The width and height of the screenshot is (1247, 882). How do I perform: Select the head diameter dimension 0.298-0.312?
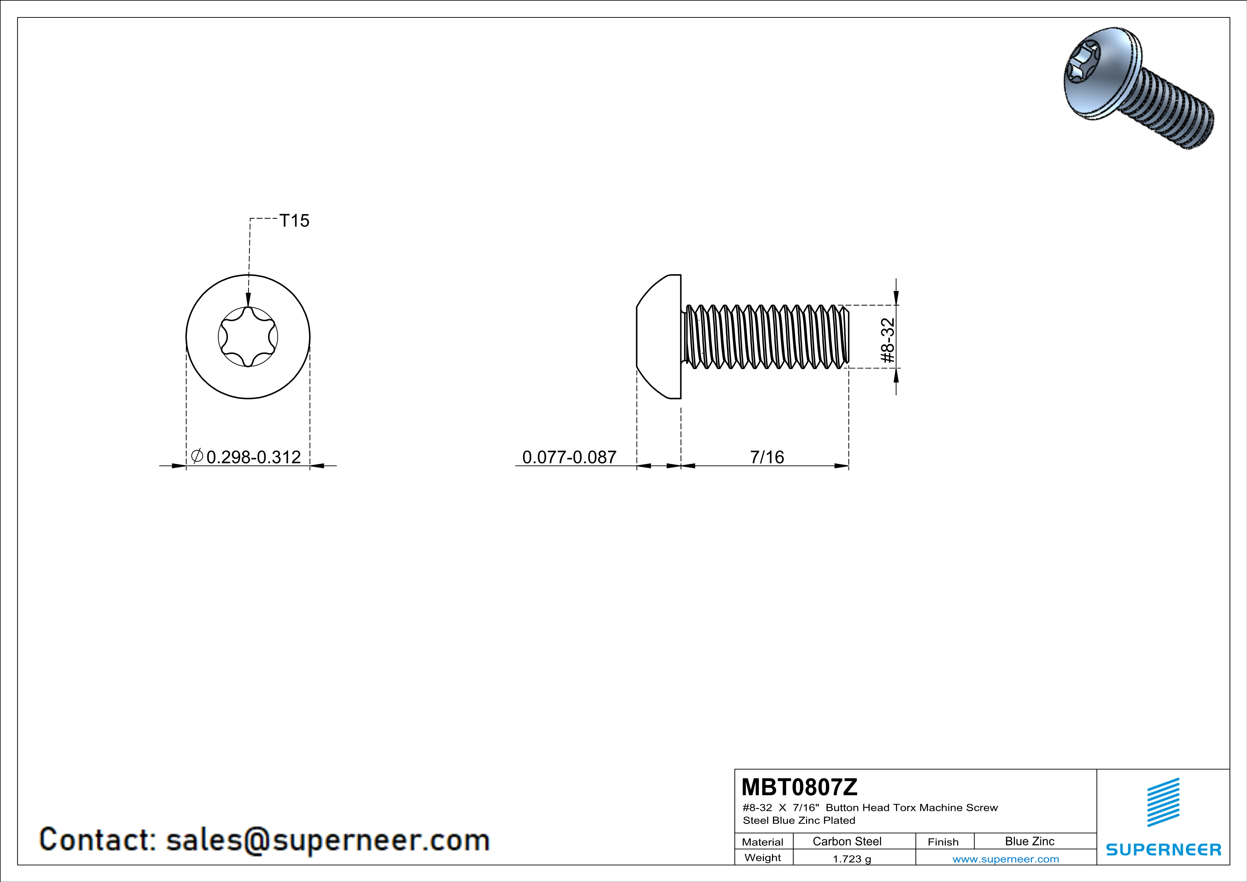pos(254,457)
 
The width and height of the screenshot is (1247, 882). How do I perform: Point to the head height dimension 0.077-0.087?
pos(569,457)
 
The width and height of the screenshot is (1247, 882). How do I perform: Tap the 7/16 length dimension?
pos(767,457)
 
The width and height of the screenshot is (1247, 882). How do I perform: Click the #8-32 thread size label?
pos(888,340)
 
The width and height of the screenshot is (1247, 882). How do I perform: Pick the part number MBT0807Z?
pos(799,787)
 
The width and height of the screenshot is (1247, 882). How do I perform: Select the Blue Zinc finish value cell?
pos(1030,841)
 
